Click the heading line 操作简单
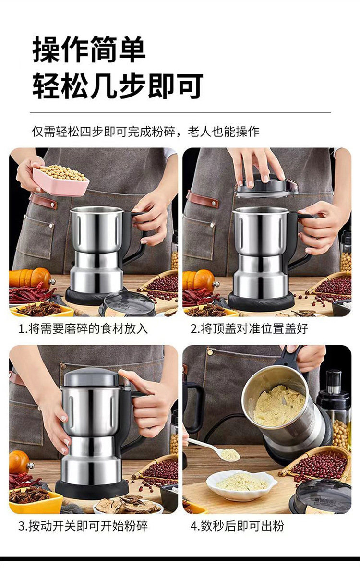(x=89, y=50)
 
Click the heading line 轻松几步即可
(x=118, y=86)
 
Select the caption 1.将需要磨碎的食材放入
(x=83, y=328)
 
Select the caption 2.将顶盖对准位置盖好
(x=249, y=328)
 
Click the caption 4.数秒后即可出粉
(x=237, y=525)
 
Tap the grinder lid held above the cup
(x=265, y=187)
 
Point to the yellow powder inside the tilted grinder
(x=279, y=405)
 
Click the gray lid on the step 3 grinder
(x=92, y=377)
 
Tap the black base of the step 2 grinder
(x=261, y=302)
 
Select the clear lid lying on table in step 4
(x=322, y=495)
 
